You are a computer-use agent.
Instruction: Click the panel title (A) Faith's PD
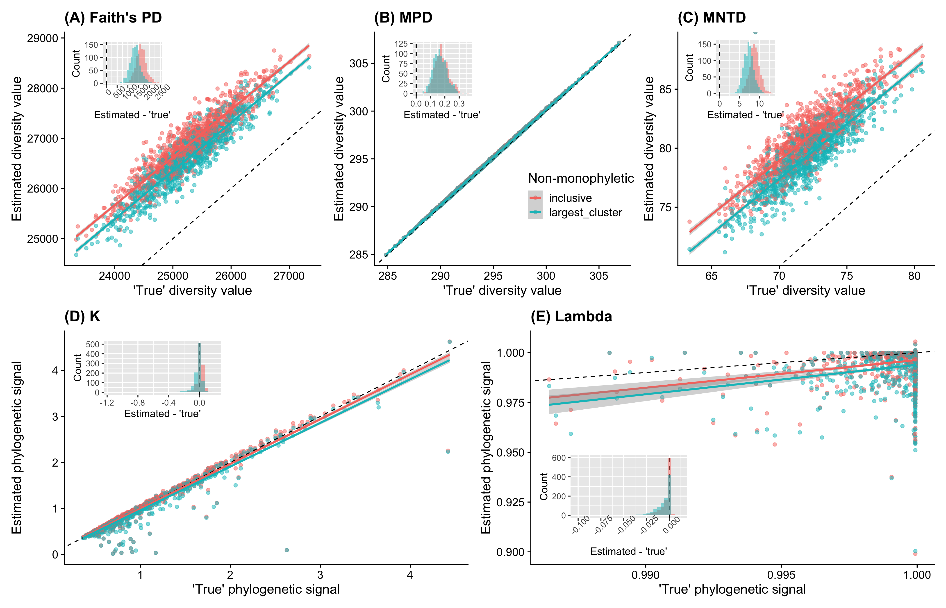click(x=113, y=18)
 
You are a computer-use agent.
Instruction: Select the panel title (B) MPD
click(x=403, y=18)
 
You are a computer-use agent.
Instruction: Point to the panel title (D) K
click(x=82, y=317)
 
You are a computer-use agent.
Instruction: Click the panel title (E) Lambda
click(x=571, y=317)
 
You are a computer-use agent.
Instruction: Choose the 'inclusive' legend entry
click(x=570, y=198)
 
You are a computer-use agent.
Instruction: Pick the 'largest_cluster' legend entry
click(x=585, y=212)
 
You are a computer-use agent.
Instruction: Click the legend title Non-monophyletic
click(x=581, y=178)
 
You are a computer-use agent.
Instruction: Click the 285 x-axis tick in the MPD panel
click(x=387, y=276)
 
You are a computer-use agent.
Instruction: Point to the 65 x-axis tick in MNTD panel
click(x=711, y=276)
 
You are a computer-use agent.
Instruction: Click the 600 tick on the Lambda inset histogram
click(x=559, y=458)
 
